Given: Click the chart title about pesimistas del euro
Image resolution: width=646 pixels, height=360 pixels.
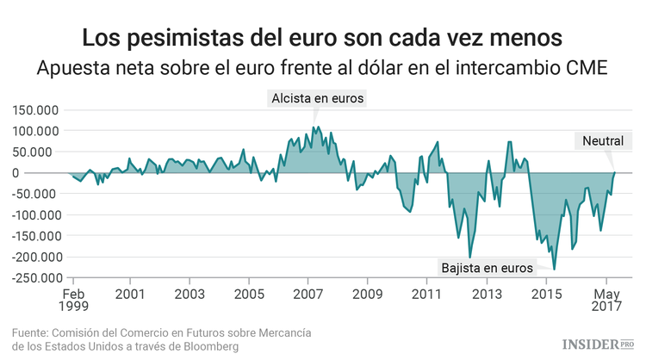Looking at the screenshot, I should click(x=322, y=38).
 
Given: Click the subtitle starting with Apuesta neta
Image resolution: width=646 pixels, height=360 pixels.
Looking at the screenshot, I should click(x=322, y=69).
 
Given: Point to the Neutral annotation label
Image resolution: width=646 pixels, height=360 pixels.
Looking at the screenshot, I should click(x=607, y=141).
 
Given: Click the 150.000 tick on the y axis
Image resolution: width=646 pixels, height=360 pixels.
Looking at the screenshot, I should click(x=36, y=110).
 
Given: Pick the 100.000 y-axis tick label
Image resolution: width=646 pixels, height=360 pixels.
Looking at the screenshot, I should click(x=36, y=131).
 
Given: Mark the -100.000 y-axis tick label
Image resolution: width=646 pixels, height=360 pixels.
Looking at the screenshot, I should click(x=34, y=215).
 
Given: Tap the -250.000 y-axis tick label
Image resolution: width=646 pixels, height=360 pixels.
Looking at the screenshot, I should click(x=34, y=278).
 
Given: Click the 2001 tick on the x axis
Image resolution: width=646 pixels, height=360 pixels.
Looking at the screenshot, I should click(x=130, y=294).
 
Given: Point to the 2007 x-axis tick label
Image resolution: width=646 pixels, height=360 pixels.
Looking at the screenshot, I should click(x=308, y=294).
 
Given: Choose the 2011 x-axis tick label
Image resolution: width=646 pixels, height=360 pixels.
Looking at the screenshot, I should click(x=427, y=294).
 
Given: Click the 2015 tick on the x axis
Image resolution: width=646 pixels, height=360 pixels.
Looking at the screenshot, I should click(x=546, y=294).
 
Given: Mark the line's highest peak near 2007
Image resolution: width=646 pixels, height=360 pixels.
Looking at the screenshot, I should click(x=317, y=127).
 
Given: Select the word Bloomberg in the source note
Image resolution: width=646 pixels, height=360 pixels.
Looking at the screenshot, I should click(x=208, y=346).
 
